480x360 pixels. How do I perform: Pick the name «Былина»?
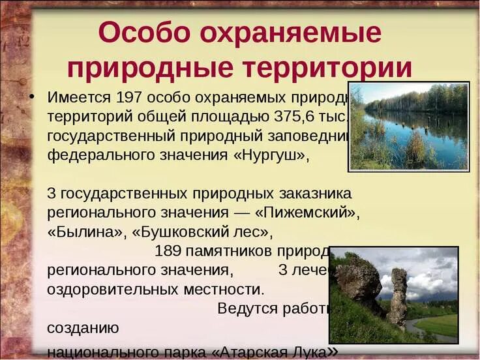coord(86,232)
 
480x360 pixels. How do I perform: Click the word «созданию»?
coord(82,327)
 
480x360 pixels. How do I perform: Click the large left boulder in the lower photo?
coord(359,280)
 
